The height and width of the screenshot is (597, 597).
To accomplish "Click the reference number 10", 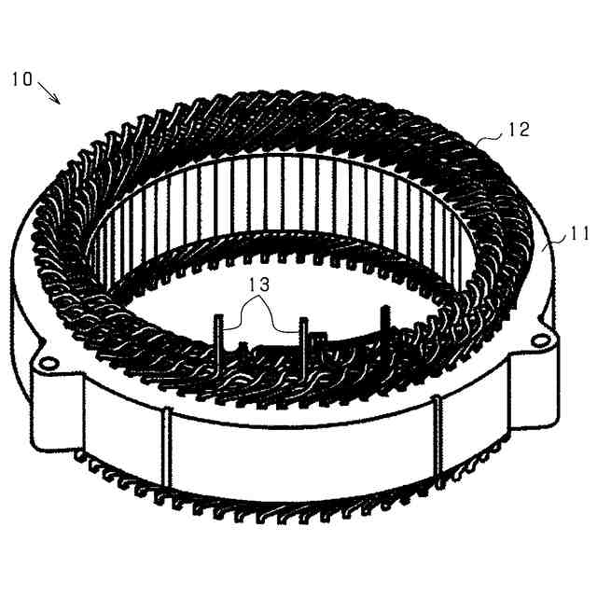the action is tap(21, 79).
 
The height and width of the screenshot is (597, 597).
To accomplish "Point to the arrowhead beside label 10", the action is tap(61, 103).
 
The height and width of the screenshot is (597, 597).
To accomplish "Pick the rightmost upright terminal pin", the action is tap(383, 326).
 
